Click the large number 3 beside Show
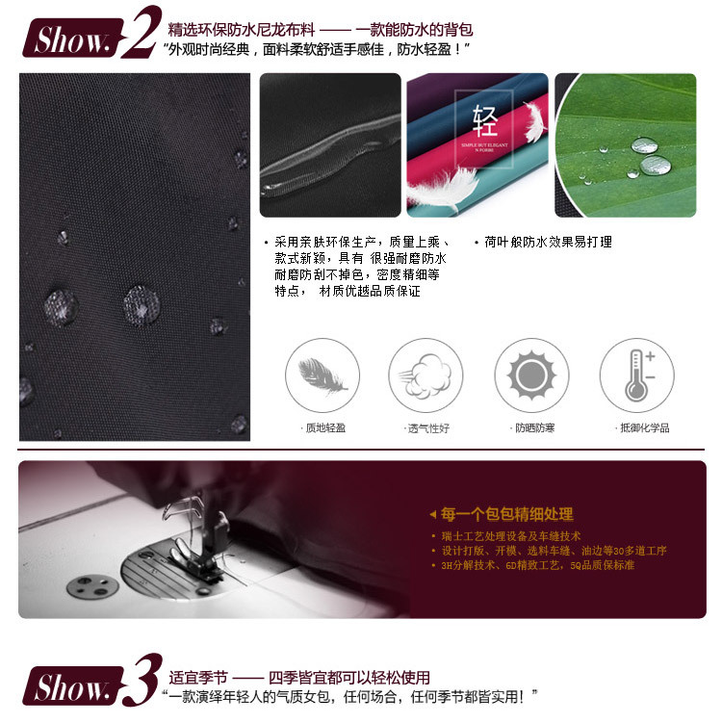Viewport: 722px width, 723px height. coord(142,682)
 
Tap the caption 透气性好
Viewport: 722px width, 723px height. coord(426,427)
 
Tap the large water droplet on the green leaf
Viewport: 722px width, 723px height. coord(644,145)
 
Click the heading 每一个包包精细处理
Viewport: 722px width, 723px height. coord(505,514)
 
